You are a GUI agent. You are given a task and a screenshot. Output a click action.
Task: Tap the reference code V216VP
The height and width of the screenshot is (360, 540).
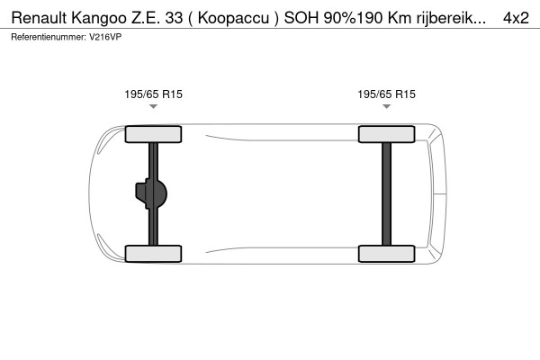click(105, 37)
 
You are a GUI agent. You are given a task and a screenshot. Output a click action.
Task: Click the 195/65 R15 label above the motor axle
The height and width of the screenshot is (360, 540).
click(153, 94)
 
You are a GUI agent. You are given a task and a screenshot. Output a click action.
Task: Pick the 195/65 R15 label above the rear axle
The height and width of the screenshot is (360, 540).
click(386, 94)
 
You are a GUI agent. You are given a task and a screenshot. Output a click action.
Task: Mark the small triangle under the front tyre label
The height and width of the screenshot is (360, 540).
click(153, 106)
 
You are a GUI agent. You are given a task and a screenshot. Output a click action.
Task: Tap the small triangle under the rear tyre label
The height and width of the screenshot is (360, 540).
click(386, 106)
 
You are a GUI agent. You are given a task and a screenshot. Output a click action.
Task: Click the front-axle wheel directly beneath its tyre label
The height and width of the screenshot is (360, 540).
click(153, 134)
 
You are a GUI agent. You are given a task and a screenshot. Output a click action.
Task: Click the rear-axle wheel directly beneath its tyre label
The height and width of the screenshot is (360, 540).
click(386, 134)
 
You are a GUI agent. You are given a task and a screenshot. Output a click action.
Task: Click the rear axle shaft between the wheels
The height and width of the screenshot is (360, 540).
click(386, 193)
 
